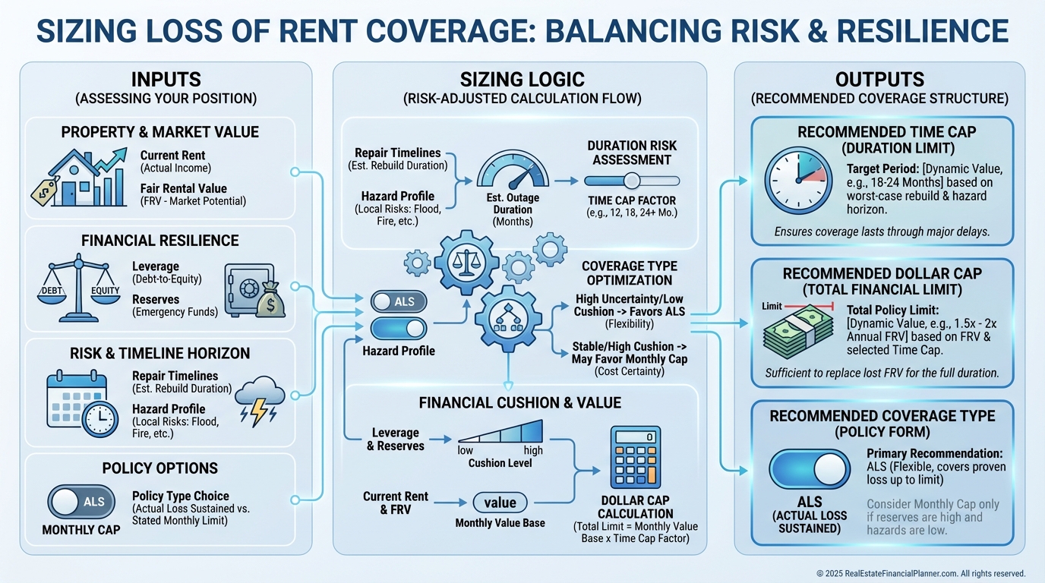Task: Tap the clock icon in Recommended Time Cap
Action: [x=797, y=181]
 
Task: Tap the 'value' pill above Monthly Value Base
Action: [x=500, y=502]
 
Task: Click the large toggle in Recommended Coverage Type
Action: [x=810, y=468]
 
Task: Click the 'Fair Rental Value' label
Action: [x=183, y=188]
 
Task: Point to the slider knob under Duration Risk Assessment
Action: [x=632, y=181]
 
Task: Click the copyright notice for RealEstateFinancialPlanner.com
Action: [x=920, y=573]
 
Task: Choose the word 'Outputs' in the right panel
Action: [x=879, y=80]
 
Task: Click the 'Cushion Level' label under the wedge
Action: [x=500, y=463]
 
